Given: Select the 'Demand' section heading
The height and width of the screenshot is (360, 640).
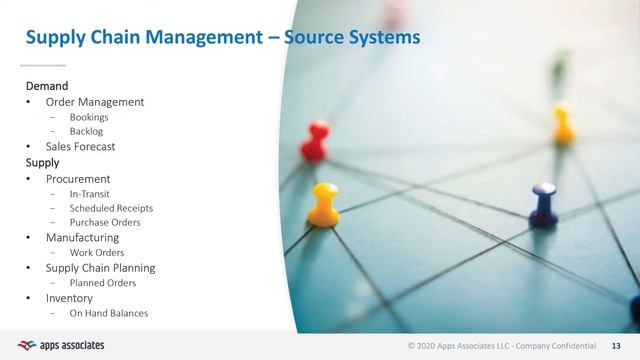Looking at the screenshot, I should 46,86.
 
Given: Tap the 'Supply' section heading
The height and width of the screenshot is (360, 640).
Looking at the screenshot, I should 42,161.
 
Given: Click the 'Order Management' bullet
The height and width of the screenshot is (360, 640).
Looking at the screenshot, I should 95,102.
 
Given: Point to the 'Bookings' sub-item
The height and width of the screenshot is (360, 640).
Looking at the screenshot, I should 89,117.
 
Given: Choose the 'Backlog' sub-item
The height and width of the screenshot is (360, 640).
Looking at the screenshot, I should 87,131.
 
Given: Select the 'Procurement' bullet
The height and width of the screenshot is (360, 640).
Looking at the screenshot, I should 78,179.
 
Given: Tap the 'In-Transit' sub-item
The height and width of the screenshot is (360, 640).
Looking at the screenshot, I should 90,193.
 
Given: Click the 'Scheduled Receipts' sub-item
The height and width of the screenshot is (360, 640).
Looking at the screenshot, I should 111,208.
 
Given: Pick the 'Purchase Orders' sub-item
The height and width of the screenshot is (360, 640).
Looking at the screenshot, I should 105,222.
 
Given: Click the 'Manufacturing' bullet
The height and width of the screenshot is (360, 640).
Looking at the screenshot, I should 82,238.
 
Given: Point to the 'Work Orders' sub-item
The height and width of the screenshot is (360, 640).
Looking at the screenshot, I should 97,253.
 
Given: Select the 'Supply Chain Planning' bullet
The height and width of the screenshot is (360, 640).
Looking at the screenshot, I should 100,268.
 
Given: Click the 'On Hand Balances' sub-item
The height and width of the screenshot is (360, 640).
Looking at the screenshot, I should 109,313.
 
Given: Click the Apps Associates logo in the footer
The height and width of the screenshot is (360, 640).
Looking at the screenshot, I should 61,345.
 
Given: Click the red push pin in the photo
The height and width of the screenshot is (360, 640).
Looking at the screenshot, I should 316,141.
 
